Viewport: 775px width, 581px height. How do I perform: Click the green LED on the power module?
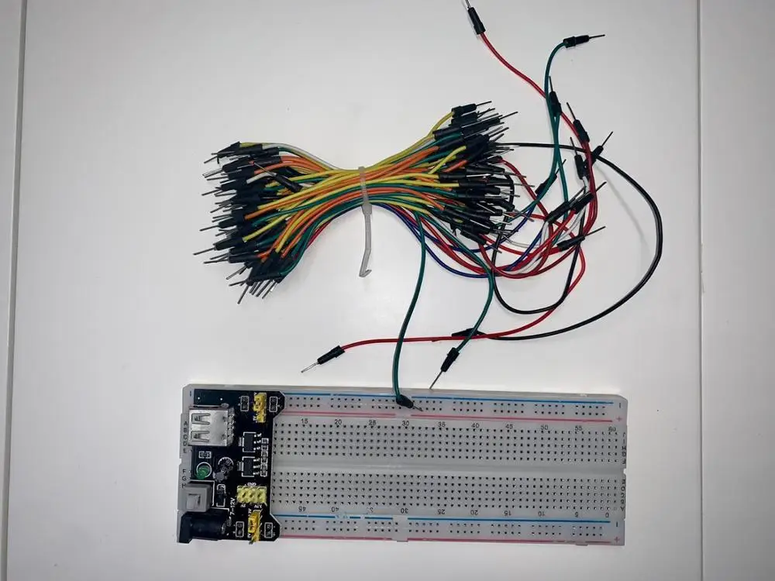(203, 470)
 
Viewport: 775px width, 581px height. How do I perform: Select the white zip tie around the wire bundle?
(364, 221)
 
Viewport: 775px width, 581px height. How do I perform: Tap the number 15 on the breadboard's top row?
(303, 421)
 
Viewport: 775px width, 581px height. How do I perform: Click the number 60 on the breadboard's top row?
(612, 428)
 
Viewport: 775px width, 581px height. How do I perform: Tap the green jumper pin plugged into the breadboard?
(405, 402)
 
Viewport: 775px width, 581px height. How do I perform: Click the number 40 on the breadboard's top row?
(475, 425)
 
